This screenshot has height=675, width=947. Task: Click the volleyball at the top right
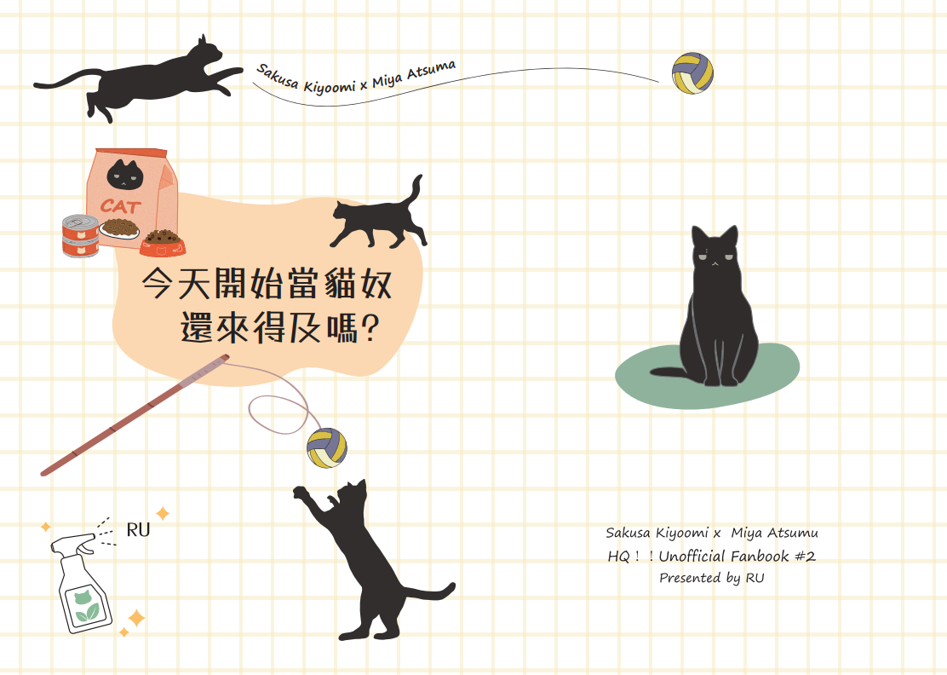(692, 73)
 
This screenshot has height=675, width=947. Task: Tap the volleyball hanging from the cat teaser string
(326, 448)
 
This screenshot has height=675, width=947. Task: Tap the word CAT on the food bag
(121, 206)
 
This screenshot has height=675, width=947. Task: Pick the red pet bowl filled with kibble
(162, 243)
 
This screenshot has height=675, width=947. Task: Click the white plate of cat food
(118, 228)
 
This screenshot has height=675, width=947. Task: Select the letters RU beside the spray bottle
(138, 530)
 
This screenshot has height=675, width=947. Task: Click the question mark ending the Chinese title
(370, 328)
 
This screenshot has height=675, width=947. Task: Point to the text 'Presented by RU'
(711, 578)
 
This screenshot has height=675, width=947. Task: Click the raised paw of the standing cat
(300, 493)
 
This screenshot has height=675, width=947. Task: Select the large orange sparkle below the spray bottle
(136, 618)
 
